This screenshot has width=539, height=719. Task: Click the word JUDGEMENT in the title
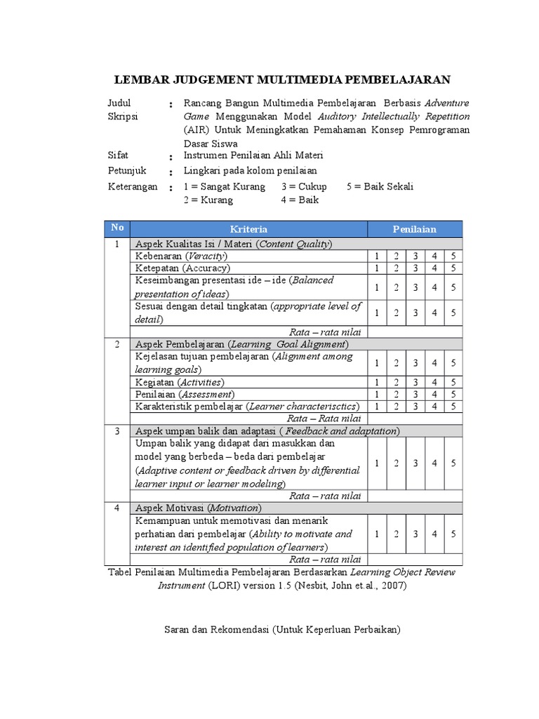[x=211, y=79]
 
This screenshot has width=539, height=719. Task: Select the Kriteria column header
[x=249, y=229]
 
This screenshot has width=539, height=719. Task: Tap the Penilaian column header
[x=414, y=229]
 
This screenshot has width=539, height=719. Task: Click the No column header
[x=117, y=228]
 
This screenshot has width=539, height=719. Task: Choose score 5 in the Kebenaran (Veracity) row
[x=453, y=256]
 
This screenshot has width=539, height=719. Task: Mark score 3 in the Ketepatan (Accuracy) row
[x=415, y=268]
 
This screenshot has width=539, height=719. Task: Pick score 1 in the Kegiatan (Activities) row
[x=377, y=382]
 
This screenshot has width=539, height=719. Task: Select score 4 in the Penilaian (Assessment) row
[x=434, y=395]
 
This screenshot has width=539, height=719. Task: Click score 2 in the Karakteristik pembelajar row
[x=396, y=407]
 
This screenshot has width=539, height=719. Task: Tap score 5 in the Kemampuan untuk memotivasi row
[x=453, y=534]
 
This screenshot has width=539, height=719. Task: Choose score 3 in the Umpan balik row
[x=415, y=463]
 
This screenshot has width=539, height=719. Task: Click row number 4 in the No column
[x=117, y=508]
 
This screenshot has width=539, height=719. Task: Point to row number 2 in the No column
[x=117, y=344]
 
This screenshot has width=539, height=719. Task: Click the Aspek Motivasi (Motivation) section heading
[x=198, y=508]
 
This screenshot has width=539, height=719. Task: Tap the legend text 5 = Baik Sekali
[x=380, y=187]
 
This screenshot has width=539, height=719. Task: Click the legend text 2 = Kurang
[x=208, y=199]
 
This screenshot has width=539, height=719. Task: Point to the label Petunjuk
[x=126, y=171]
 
